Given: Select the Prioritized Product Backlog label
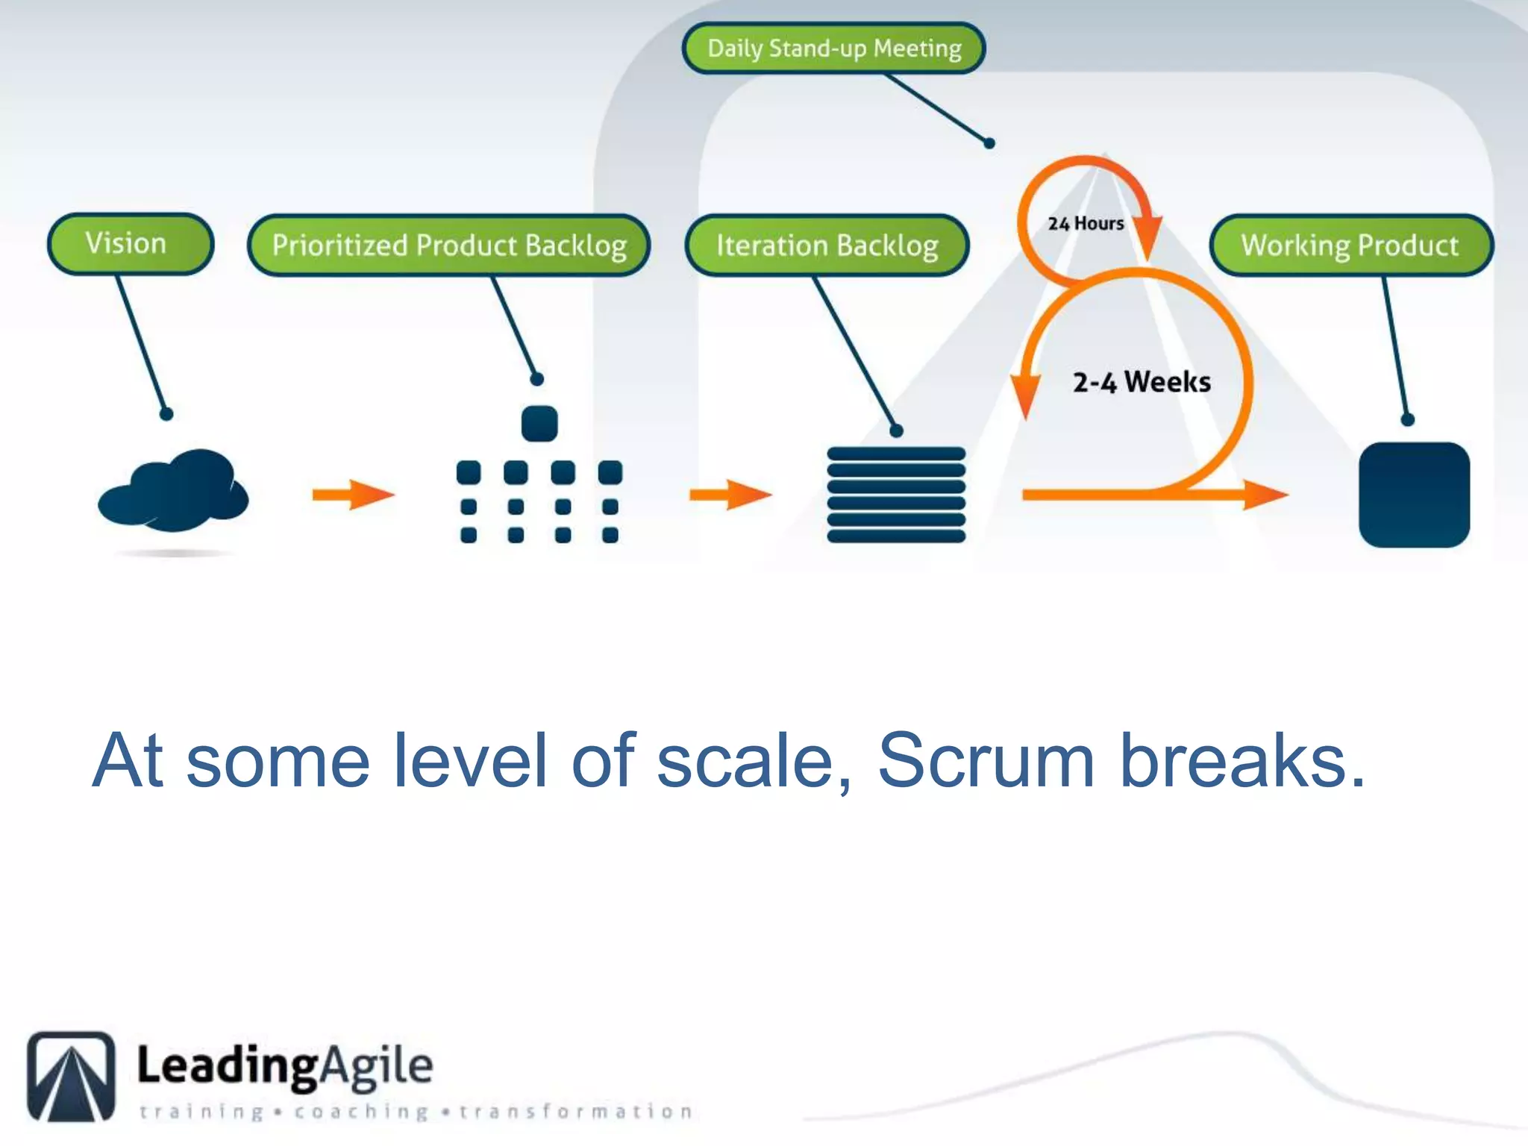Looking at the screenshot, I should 448,245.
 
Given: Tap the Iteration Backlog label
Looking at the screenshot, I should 827,245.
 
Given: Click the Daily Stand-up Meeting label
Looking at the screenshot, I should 833,48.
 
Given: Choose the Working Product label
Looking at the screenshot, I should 1350,245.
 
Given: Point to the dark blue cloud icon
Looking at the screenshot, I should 173,491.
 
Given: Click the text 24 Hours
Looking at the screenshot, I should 1086,223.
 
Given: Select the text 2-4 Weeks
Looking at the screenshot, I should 1142,382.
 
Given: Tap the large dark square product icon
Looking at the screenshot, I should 1414,495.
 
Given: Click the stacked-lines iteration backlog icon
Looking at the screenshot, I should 896,495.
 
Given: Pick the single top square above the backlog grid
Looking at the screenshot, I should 539,424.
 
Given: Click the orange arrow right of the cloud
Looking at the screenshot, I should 353,495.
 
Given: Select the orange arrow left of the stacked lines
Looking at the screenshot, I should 730,495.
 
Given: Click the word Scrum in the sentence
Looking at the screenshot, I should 986,761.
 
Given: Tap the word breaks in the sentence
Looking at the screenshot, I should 1242,761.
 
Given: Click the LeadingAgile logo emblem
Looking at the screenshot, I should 72,1076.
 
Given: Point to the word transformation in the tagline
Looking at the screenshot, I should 576,1112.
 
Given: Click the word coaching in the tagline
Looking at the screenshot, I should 361,1112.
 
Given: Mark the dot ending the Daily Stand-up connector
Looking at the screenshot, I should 989,143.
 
